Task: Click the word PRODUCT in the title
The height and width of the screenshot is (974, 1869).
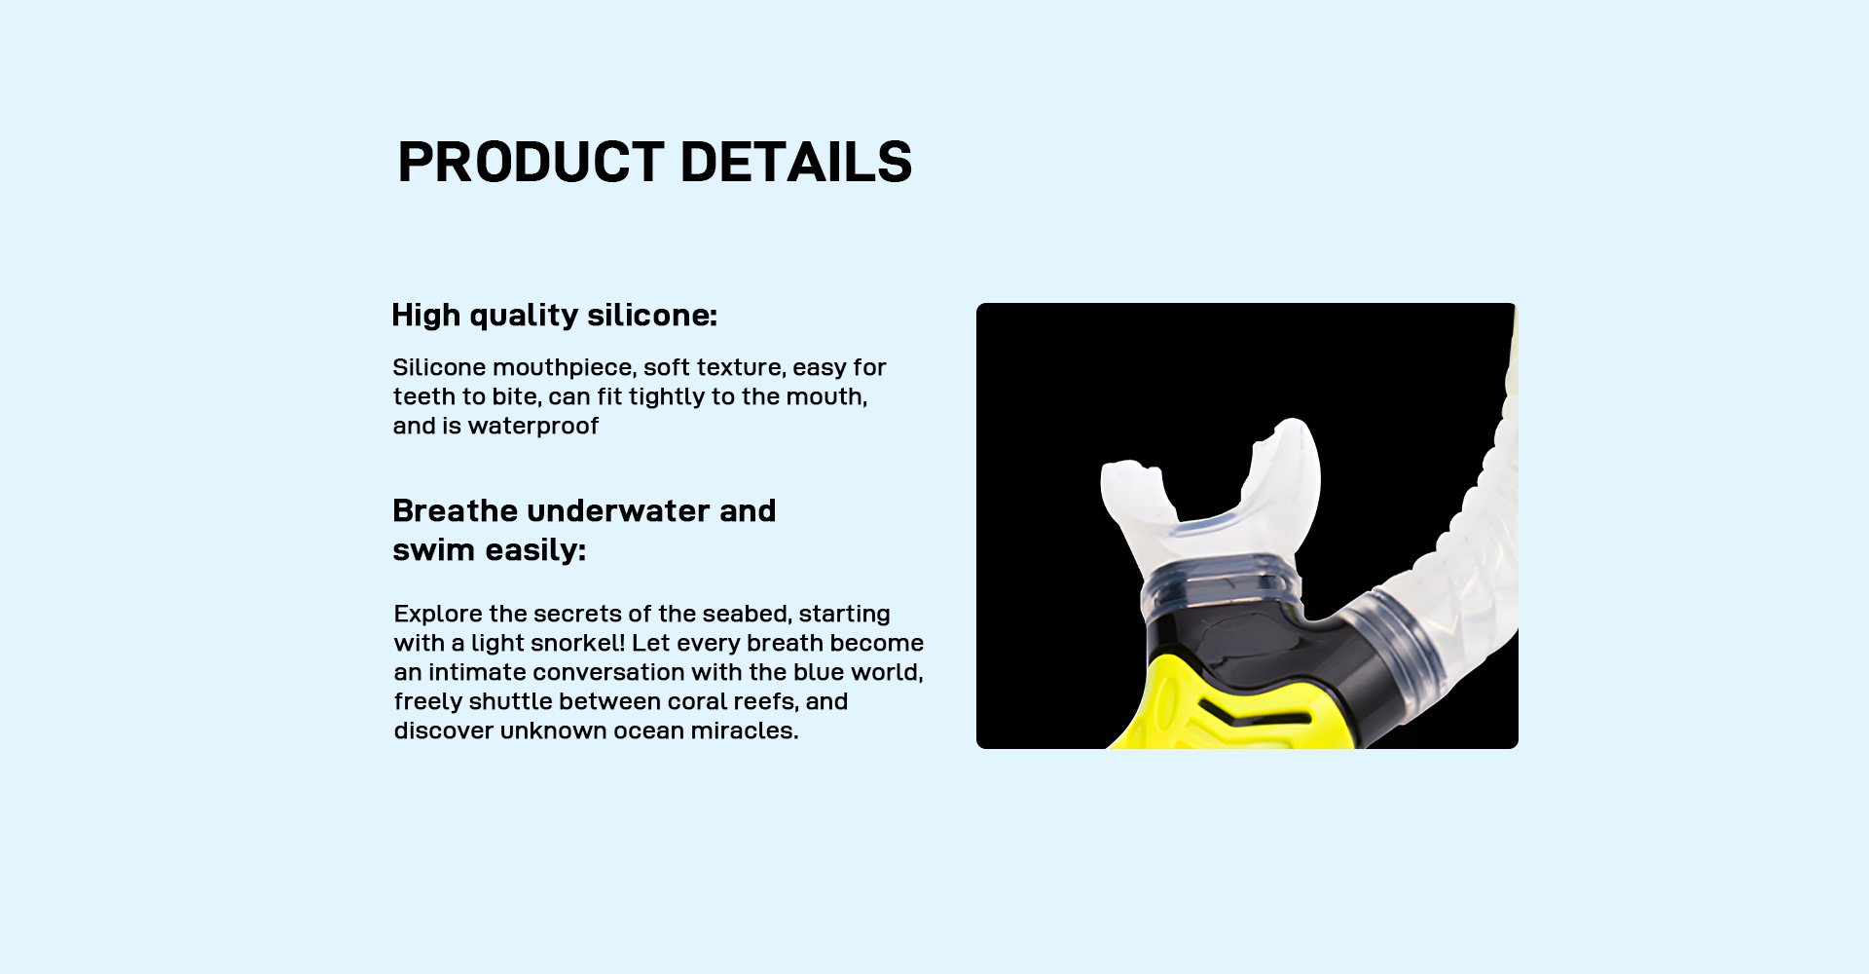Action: (531, 162)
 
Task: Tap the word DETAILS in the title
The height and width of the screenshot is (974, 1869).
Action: (796, 162)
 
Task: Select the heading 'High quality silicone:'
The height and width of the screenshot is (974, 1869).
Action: (554, 316)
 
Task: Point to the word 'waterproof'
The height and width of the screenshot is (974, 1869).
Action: (533, 427)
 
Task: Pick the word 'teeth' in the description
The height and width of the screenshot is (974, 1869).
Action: (424, 397)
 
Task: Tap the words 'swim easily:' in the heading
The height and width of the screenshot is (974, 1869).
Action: (489, 550)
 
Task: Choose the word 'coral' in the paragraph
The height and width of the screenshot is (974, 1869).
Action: (697, 702)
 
